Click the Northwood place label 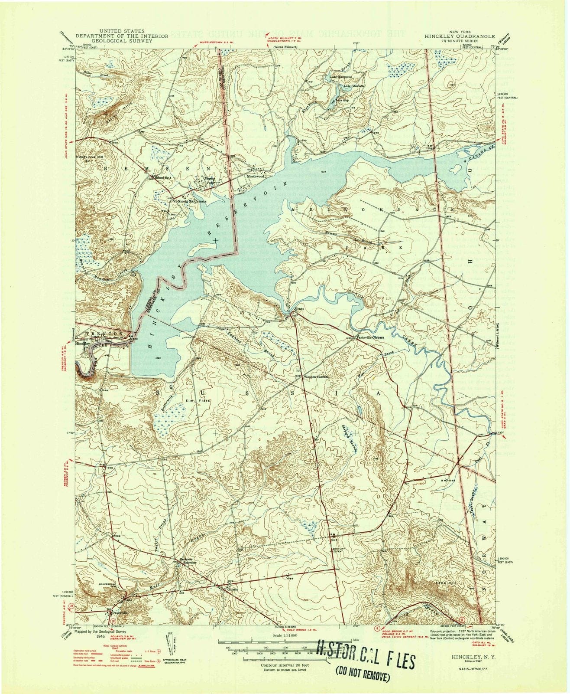[255, 177]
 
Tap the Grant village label [299, 309]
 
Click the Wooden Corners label [316, 377]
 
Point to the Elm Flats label [198, 400]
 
